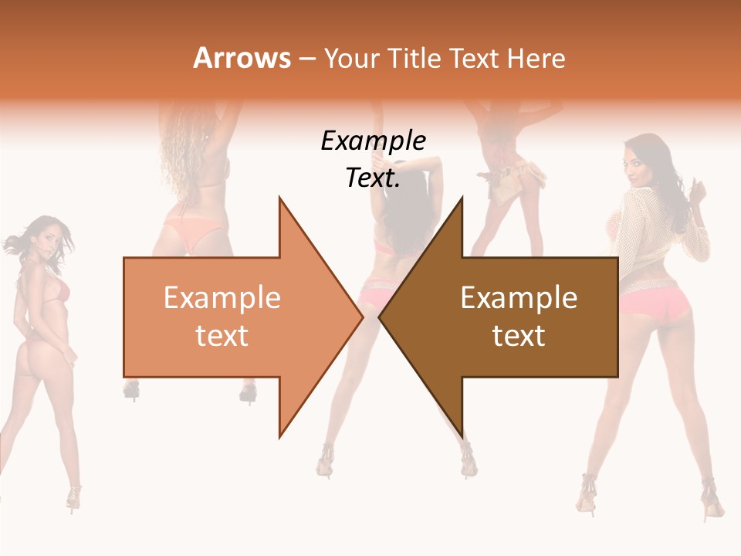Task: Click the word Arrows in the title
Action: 242,58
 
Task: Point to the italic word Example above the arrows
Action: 373,141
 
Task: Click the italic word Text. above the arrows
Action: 373,178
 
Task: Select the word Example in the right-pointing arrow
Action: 222,298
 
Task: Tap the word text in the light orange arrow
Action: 222,336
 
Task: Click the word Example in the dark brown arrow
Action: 519,298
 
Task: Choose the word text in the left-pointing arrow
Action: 519,336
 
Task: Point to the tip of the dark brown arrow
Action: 380,317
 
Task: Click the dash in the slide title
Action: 306,59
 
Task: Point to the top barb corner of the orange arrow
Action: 279,198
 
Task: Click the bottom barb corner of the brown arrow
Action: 462,436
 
